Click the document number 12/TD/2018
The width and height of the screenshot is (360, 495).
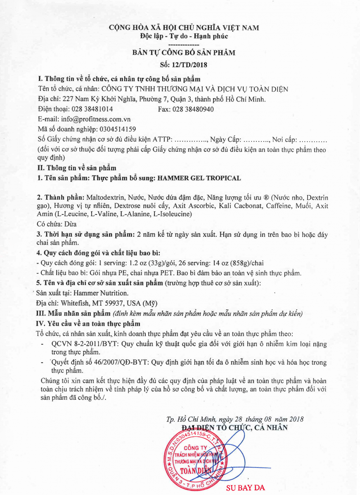coord(192,65)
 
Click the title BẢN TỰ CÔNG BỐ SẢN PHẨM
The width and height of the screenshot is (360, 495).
coord(184,53)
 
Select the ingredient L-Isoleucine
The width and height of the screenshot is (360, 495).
coord(173,214)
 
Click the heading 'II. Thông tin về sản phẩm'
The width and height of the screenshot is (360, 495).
coord(77,168)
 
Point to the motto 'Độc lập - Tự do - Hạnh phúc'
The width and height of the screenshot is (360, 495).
coord(184,36)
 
